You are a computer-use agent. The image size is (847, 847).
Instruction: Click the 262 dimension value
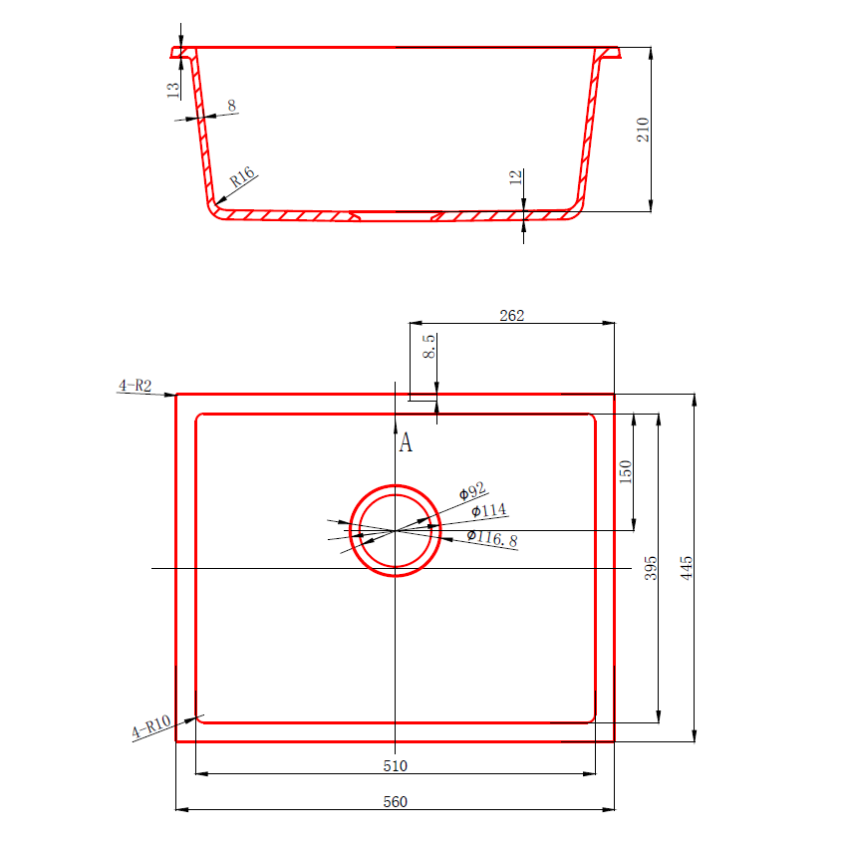512,315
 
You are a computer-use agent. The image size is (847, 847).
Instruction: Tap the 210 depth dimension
643,130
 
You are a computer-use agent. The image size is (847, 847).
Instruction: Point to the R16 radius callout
243,178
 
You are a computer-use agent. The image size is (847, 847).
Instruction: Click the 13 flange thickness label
173,90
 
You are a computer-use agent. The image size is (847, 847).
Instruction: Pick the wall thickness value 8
231,105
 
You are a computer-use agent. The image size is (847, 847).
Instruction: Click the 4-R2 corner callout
135,386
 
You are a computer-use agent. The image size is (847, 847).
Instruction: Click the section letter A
406,442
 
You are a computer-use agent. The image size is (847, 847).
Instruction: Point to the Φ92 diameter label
471,490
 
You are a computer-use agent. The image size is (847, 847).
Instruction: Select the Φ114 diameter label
488,511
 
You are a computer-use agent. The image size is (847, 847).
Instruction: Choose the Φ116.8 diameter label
492,539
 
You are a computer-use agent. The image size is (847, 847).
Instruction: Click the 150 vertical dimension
626,470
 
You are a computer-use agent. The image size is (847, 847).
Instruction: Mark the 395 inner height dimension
651,569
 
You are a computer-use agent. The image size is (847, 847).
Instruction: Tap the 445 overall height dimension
686,567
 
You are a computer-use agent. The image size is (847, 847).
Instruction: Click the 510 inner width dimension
396,766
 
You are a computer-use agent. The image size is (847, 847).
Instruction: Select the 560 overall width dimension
396,801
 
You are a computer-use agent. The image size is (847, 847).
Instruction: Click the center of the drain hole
397,531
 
